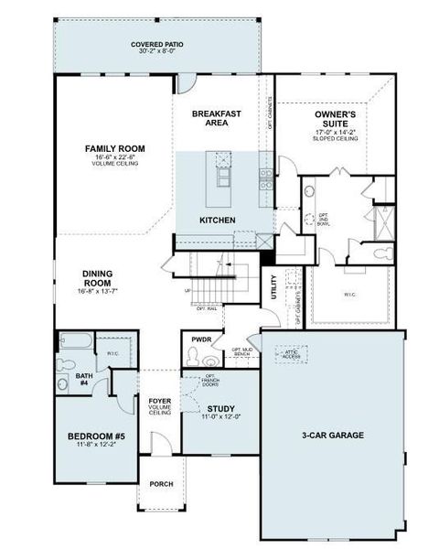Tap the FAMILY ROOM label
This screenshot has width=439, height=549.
(x=115, y=148)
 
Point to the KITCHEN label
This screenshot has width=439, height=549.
(x=218, y=221)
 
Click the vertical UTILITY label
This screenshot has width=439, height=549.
(x=273, y=288)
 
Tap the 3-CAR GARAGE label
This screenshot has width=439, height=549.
(x=333, y=436)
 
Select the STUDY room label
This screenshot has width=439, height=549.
(x=221, y=409)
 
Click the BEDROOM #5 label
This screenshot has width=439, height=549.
(x=96, y=437)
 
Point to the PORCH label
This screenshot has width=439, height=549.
(x=161, y=485)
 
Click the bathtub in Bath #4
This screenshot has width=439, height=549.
(x=74, y=344)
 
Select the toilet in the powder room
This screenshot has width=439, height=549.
(x=195, y=360)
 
